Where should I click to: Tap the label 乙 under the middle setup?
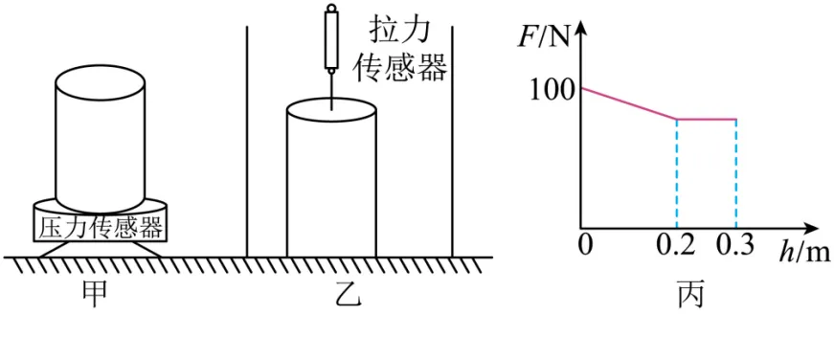click(348, 296)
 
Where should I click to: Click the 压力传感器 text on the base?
click(100, 228)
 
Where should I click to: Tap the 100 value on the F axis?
click(551, 92)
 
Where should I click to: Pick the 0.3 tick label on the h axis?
click(735, 247)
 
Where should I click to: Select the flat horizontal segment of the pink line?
click(707, 120)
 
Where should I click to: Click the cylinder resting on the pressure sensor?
click(100, 139)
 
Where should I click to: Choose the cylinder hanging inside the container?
click(331, 182)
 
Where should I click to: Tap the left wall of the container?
click(248, 144)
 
